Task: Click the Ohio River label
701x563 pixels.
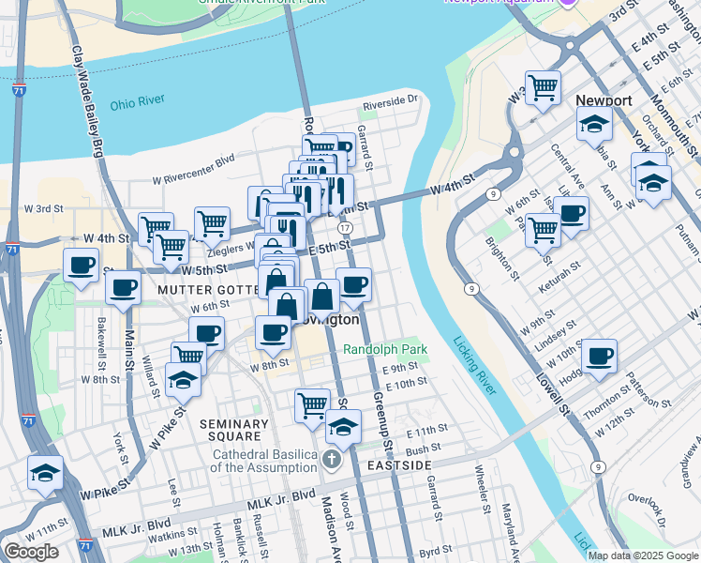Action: click(137, 101)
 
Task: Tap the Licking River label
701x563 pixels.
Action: click(474, 366)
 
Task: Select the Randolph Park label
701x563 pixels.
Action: click(384, 349)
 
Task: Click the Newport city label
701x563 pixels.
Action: click(604, 99)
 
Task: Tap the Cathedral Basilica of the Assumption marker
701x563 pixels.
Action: click(331, 459)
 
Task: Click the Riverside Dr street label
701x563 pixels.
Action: click(390, 100)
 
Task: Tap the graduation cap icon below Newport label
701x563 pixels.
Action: click(594, 122)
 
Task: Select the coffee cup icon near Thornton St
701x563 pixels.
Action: click(600, 356)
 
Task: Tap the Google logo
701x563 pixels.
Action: click(31, 552)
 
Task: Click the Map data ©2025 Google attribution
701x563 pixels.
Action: click(643, 555)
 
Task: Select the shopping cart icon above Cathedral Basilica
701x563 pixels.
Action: click(312, 405)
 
